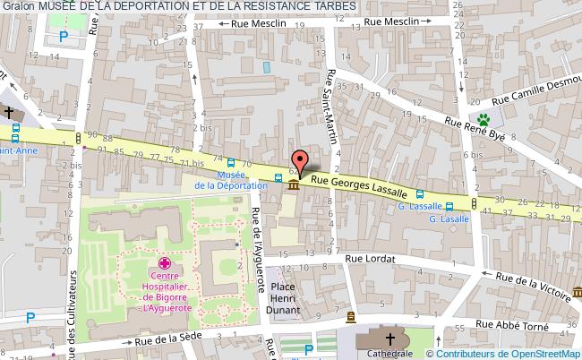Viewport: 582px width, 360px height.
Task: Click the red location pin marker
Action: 299,160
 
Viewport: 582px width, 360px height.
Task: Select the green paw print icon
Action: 484,118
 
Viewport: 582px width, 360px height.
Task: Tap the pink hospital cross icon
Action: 165,263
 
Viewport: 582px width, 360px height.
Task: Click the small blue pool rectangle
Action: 266,68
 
